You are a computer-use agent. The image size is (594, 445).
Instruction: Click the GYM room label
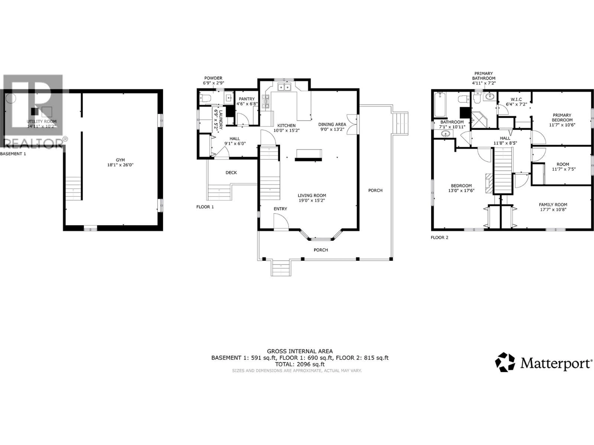120,160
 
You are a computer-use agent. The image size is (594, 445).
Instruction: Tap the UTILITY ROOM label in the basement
42,121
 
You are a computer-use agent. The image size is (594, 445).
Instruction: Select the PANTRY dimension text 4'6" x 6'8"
247,104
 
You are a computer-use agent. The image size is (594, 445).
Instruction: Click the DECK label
231,172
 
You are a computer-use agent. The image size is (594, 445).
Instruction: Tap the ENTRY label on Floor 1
280,209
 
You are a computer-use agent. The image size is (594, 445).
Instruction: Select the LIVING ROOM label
312,196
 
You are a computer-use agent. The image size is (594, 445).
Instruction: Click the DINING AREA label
332,124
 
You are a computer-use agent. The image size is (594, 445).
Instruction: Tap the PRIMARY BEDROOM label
562,117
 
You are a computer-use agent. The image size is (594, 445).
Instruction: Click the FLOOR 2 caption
439,237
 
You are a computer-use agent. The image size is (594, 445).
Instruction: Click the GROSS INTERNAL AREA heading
299,351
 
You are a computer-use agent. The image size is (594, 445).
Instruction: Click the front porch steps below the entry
281,268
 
